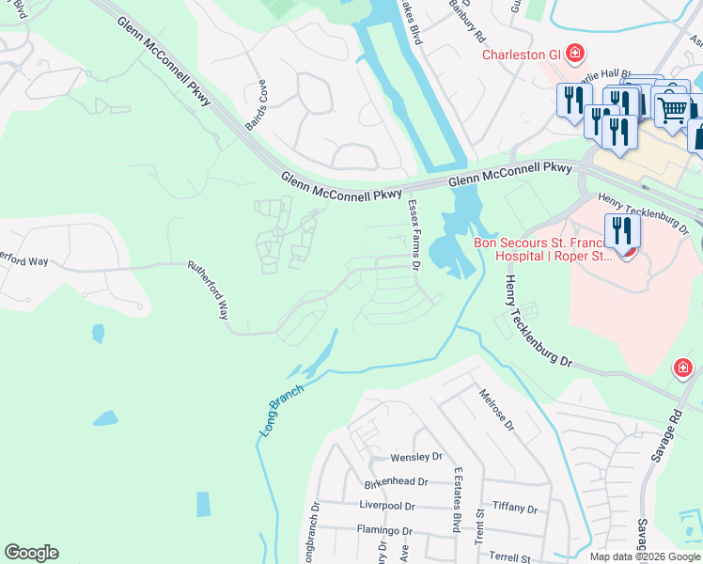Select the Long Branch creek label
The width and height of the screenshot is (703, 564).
click(x=281, y=409)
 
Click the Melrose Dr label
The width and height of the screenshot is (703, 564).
click(x=497, y=410)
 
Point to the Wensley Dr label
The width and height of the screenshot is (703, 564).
click(x=415, y=458)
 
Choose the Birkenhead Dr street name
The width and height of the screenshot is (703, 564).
click(x=396, y=481)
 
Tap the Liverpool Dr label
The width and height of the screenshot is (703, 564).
click(x=386, y=506)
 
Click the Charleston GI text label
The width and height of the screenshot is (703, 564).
click(x=521, y=55)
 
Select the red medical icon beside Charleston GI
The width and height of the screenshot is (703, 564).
click(x=573, y=53)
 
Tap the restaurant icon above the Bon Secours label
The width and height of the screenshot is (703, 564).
click(x=621, y=230)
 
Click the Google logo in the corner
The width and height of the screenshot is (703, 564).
click(x=31, y=553)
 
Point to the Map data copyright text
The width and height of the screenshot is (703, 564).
click(x=644, y=556)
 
